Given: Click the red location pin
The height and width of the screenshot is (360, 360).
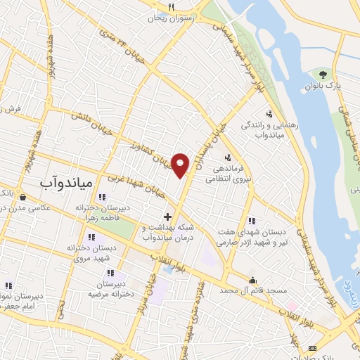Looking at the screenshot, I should (181, 165).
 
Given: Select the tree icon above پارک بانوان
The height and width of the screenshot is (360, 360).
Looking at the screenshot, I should (323, 74).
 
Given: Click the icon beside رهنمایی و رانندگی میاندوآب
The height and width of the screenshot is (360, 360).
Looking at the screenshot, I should (269, 113).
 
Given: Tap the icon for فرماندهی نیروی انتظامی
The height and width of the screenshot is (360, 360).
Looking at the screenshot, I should (227, 158).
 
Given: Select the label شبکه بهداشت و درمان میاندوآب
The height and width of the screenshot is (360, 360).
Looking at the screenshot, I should (167, 233).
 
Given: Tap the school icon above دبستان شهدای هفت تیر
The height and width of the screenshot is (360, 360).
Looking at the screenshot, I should (251, 221).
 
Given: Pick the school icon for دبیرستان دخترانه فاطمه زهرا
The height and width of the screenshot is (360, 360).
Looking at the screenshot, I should (102, 198).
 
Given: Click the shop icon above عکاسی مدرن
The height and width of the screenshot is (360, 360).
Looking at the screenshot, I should (25, 198).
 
